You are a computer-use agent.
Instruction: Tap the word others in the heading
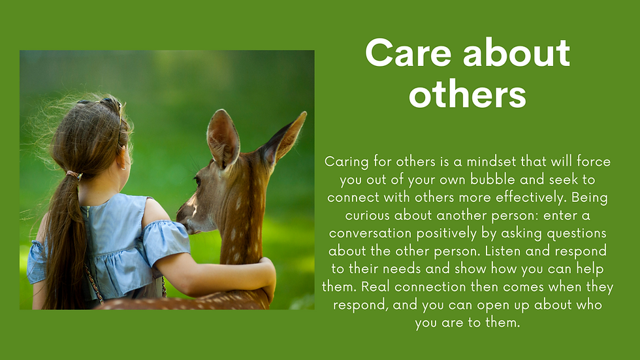coord(468,95)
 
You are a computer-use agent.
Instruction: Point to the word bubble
coord(491,180)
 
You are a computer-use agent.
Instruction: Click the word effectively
coord(531,197)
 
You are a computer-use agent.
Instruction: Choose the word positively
coord(447,233)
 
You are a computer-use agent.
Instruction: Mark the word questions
coord(576,233)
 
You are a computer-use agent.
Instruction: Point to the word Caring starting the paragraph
coord(347,162)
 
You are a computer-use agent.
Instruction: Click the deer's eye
coord(197,181)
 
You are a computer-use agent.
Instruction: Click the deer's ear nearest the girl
coord(223,139)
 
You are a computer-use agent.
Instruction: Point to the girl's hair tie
coord(74,175)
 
